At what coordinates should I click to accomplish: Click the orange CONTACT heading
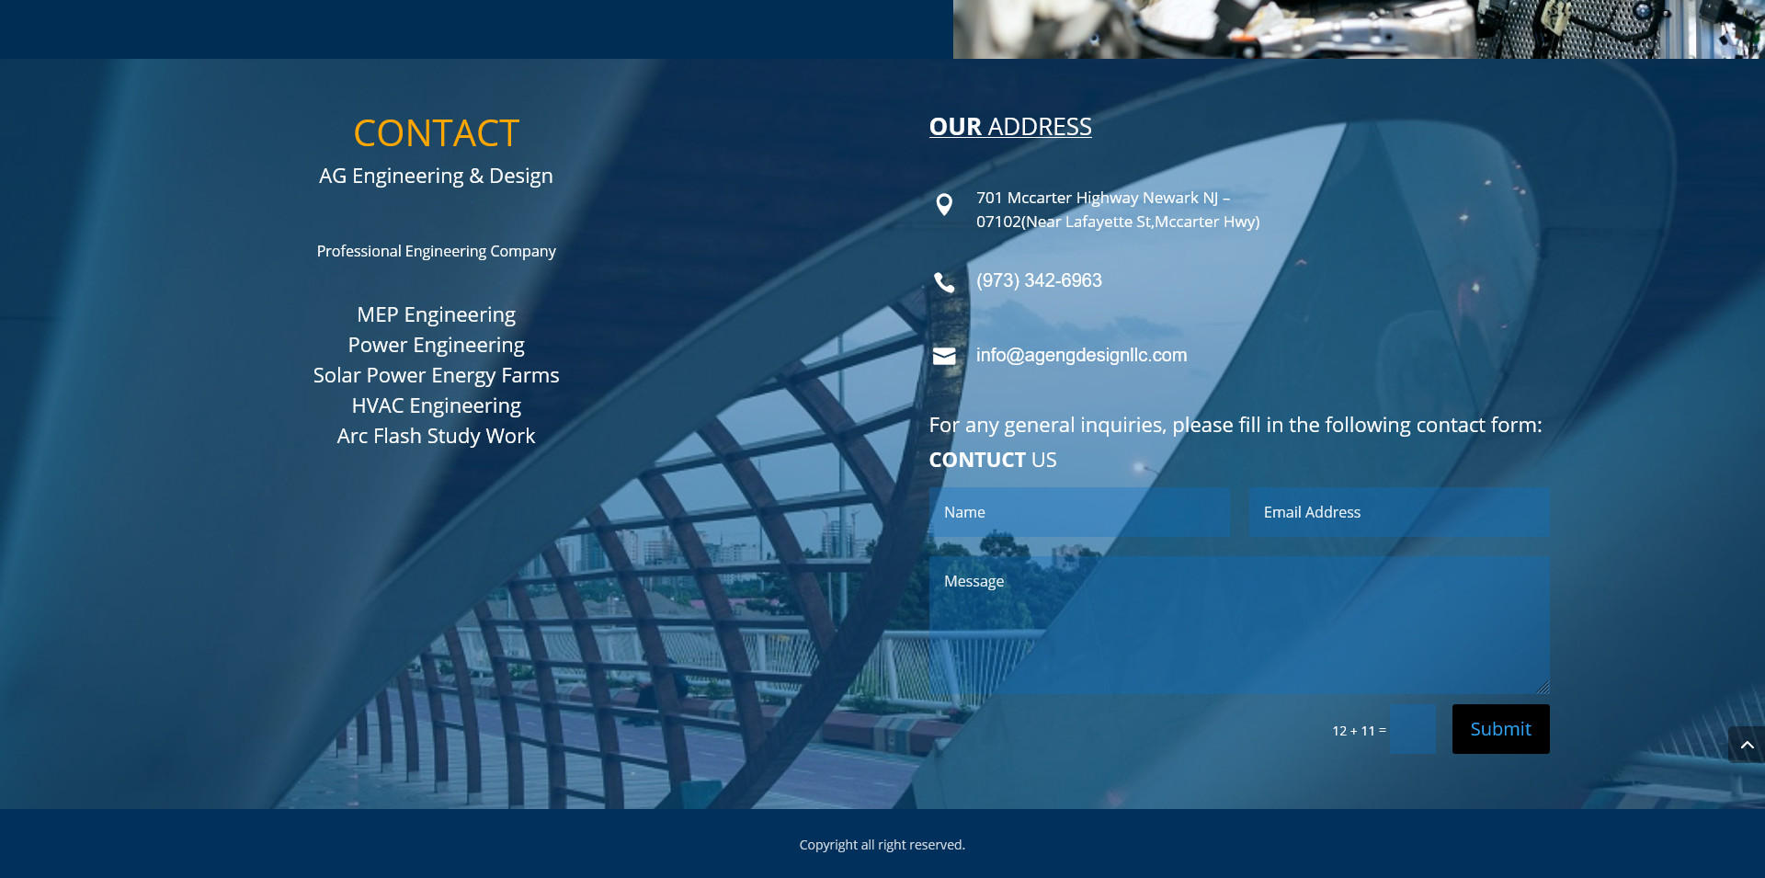pyautogui.click(x=437, y=133)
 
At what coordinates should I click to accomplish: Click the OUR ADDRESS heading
pyautogui.click(x=1010, y=127)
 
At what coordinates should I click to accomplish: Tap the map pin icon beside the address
pyautogui.click(x=944, y=204)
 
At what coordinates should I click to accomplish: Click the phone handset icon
pyautogui.click(x=944, y=282)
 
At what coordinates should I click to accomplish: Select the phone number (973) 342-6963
pyautogui.click(x=1039, y=280)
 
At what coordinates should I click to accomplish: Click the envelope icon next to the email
pyautogui.click(x=944, y=357)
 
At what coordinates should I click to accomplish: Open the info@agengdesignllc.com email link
pyautogui.click(x=1081, y=355)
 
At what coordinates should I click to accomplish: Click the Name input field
pyautogui.click(x=1079, y=512)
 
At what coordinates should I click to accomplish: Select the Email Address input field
pyautogui.click(x=1399, y=512)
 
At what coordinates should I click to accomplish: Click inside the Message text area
pyautogui.click(x=1239, y=624)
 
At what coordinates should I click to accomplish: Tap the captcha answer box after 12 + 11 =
pyautogui.click(x=1413, y=730)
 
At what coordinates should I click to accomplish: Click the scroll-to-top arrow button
pyautogui.click(x=1747, y=745)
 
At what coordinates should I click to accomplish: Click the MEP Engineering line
pyautogui.click(x=437, y=315)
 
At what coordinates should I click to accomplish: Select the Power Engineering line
pyautogui.click(x=437, y=346)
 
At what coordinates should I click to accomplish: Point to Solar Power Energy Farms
pyautogui.click(x=437, y=376)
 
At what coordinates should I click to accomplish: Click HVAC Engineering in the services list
pyautogui.click(x=437, y=406)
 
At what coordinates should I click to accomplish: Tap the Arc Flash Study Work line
pyautogui.click(x=437, y=437)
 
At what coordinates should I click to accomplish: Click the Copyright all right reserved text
pyautogui.click(x=882, y=845)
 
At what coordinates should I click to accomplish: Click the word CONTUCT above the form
pyautogui.click(x=977, y=460)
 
